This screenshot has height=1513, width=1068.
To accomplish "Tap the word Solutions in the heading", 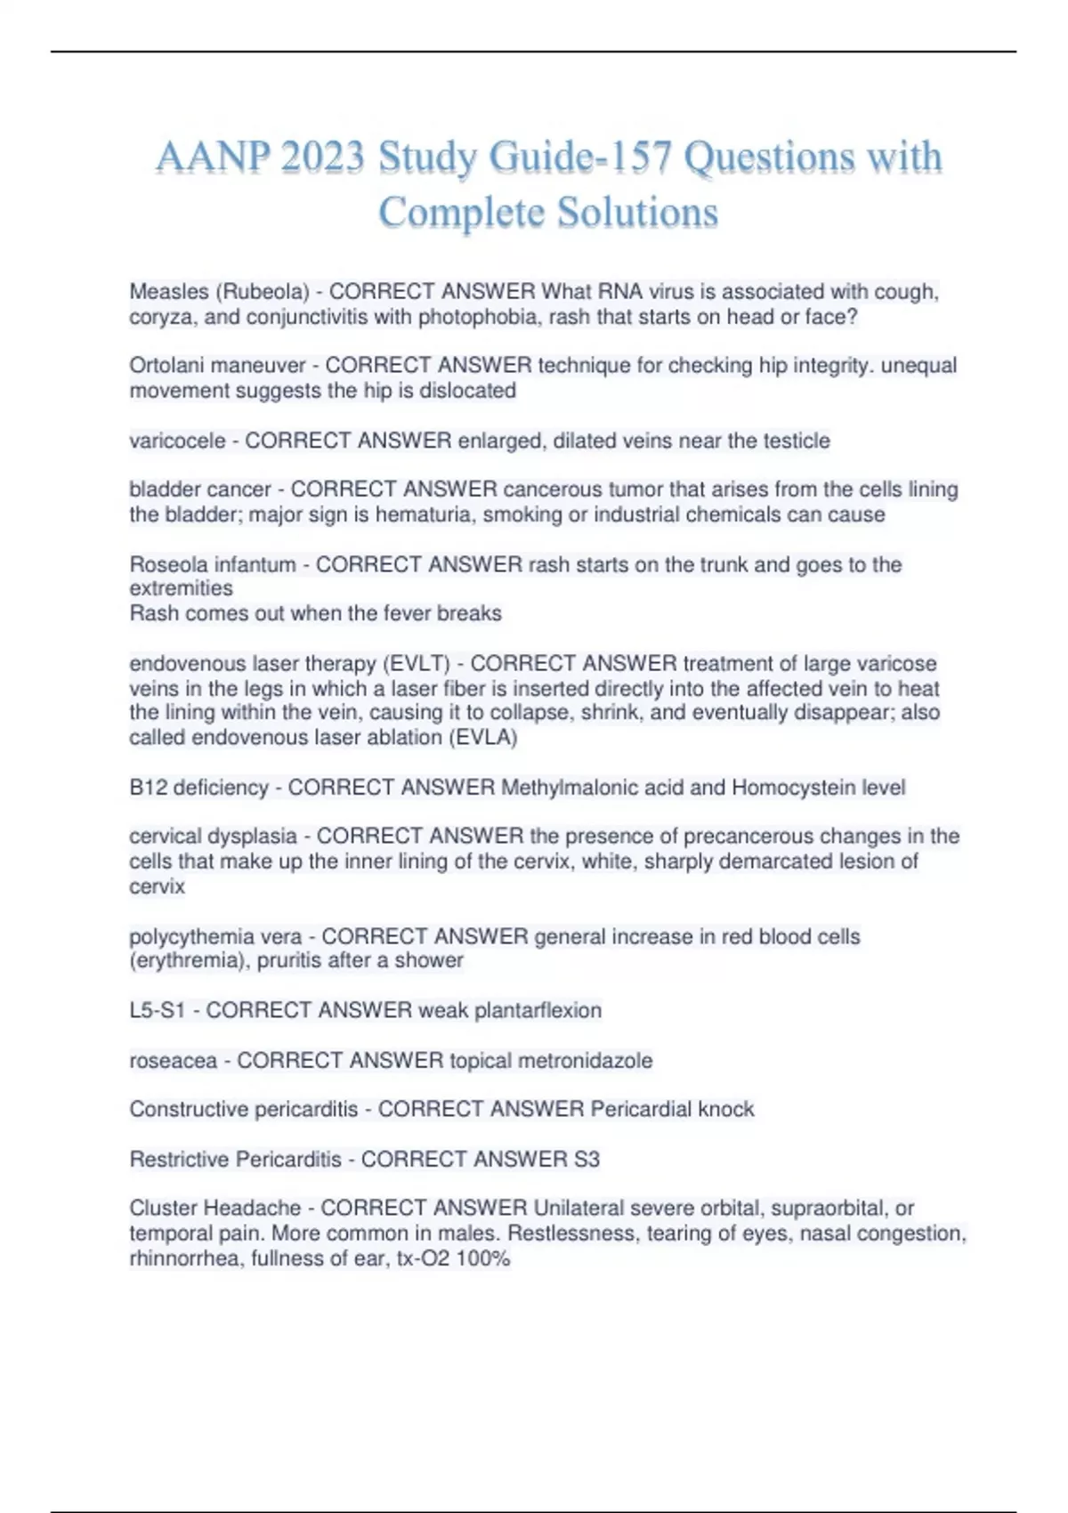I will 637,213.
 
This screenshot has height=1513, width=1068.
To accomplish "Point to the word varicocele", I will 177,441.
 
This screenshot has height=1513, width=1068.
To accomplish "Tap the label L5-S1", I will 157,1011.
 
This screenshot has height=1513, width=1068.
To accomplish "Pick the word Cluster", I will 163,1209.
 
